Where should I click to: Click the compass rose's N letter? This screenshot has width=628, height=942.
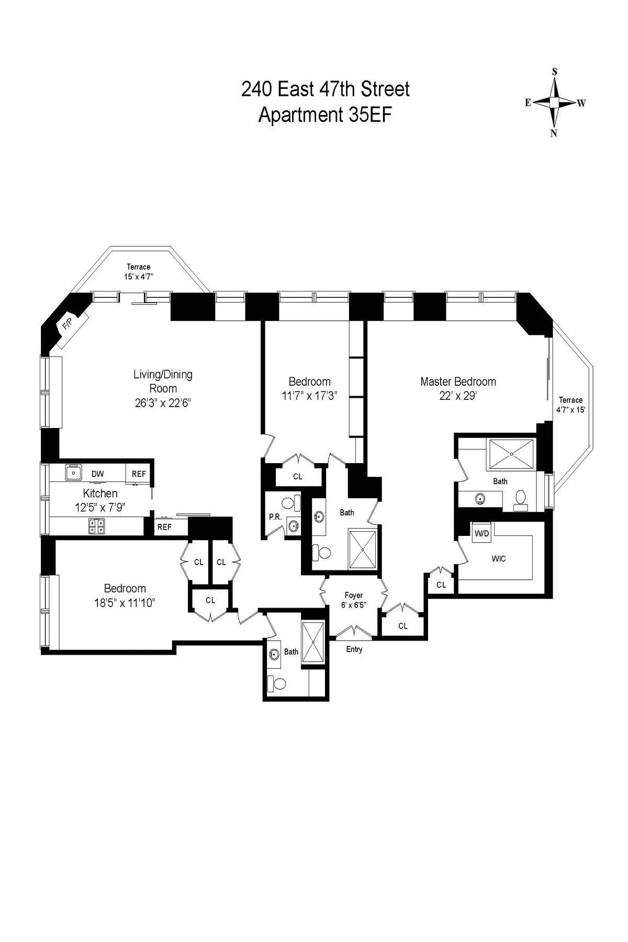point(553,133)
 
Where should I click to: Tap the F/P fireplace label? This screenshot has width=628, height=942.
point(67,325)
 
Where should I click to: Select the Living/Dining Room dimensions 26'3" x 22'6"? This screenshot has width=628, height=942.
point(163,403)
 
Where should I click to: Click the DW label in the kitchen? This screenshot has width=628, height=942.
point(97,474)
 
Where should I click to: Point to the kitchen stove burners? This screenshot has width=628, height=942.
point(96,526)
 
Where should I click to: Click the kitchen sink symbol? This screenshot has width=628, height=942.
point(73,473)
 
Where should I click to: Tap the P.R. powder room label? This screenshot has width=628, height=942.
point(275,517)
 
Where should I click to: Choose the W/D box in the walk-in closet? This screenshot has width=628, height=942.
point(481,534)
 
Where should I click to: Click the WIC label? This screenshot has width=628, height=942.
point(499,558)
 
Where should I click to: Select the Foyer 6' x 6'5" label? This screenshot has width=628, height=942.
point(354,600)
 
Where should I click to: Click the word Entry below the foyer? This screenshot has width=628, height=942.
point(354,649)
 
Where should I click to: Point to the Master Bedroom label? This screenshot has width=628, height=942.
point(458,382)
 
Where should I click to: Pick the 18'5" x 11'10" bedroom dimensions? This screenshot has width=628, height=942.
point(125,603)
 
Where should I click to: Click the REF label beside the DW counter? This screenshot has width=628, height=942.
point(139,474)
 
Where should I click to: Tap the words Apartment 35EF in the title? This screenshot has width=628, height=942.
point(325,115)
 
